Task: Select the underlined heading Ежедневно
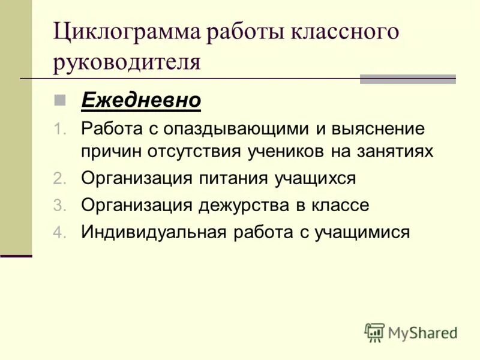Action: pyautogui.click(x=140, y=100)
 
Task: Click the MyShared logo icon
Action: pyautogui.click(x=374, y=332)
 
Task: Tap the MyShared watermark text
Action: pyautogui.click(x=422, y=332)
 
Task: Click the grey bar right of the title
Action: pyautogui.click(x=407, y=79)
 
